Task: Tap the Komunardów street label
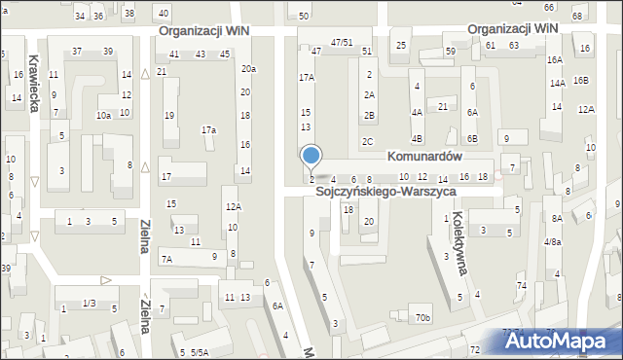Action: (423, 156)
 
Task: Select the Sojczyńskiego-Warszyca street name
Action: (386, 193)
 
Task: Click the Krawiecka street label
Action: (34, 83)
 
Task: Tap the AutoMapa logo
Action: (563, 342)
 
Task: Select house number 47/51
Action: (341, 43)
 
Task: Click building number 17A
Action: (307, 77)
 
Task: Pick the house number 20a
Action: (249, 68)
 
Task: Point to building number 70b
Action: (421, 318)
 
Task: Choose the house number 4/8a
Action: (552, 242)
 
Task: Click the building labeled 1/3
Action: (89, 305)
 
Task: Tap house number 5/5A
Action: (199, 352)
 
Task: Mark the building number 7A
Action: (166, 259)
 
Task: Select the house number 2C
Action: (367, 142)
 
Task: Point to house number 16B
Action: (581, 81)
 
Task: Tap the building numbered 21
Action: (443, 106)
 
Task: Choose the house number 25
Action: (401, 46)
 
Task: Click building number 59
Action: (450, 51)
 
